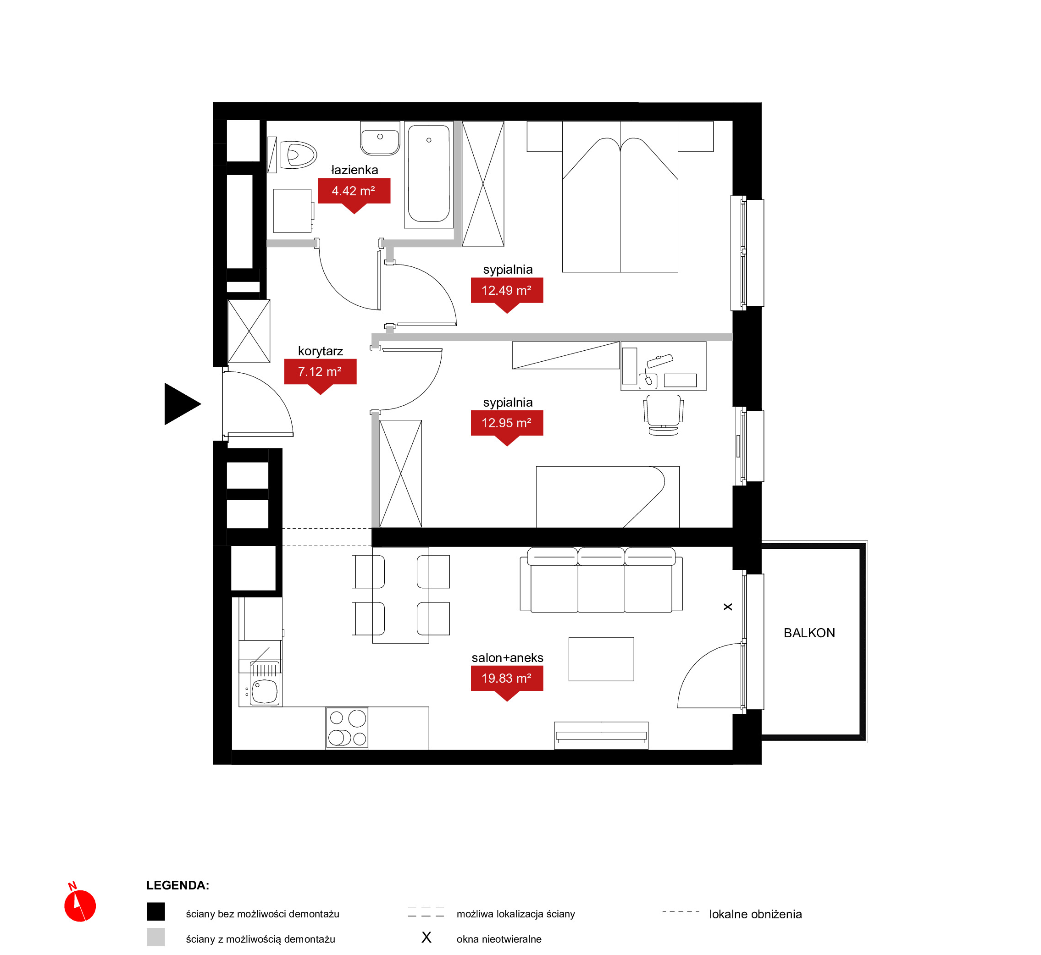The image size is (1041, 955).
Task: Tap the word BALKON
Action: (809, 633)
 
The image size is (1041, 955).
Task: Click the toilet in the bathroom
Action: (298, 155)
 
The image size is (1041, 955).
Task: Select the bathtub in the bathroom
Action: (428, 174)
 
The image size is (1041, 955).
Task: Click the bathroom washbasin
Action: (380, 138)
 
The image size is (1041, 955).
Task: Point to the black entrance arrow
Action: (182, 404)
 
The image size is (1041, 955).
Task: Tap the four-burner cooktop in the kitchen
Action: (347, 728)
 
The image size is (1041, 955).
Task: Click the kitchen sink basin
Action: (265, 691)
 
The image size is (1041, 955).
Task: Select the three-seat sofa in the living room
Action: (601, 580)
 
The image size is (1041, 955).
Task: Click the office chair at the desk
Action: (663, 415)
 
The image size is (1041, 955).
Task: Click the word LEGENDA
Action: (177, 885)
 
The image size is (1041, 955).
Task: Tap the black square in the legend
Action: (155, 911)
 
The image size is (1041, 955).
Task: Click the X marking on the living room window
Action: (728, 607)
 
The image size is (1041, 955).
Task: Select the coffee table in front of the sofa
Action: (601, 659)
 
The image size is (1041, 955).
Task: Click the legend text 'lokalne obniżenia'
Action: (755, 914)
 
